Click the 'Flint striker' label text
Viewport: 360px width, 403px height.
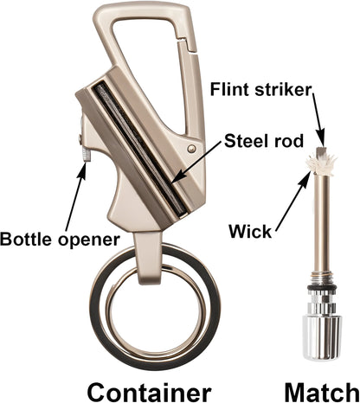261,90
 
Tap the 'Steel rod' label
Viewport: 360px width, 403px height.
264,141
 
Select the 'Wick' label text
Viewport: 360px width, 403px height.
250,231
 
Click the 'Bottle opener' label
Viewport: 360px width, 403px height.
60,240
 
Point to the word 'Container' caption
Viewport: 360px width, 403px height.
149,392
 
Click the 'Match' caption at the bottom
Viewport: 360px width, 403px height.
322,392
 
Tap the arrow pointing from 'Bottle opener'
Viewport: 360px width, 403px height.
75,197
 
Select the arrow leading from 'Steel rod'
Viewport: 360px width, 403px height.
196,163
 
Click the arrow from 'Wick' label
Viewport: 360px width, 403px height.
294,200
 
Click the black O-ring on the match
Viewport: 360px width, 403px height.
322,289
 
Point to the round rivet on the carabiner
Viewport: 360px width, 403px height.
191,149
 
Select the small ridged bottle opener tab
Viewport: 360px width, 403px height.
86,153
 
